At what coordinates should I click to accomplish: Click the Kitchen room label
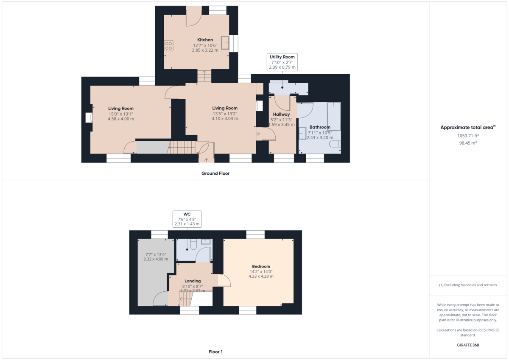click(205, 40)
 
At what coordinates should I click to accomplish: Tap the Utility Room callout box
click(282, 62)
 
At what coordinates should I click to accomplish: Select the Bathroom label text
click(320, 127)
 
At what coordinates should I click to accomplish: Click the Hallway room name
click(281, 114)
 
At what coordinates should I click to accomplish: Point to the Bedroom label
click(261, 267)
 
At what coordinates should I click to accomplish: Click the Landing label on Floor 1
click(193, 281)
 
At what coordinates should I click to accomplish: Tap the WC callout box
click(187, 218)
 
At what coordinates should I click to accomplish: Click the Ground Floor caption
click(215, 173)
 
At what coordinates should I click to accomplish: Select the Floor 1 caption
click(215, 352)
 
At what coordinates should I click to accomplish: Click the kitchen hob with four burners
click(168, 46)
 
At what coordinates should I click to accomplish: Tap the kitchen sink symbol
click(225, 43)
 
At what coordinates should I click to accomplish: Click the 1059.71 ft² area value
click(468, 136)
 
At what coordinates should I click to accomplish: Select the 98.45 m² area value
click(468, 143)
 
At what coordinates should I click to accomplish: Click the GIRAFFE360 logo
click(468, 345)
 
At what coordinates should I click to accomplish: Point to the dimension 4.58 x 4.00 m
click(121, 119)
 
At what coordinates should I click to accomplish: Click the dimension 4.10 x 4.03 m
click(225, 119)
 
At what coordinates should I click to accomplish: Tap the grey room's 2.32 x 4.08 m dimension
click(156, 259)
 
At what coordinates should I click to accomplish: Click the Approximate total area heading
click(467, 127)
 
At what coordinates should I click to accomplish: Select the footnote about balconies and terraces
click(468, 285)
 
